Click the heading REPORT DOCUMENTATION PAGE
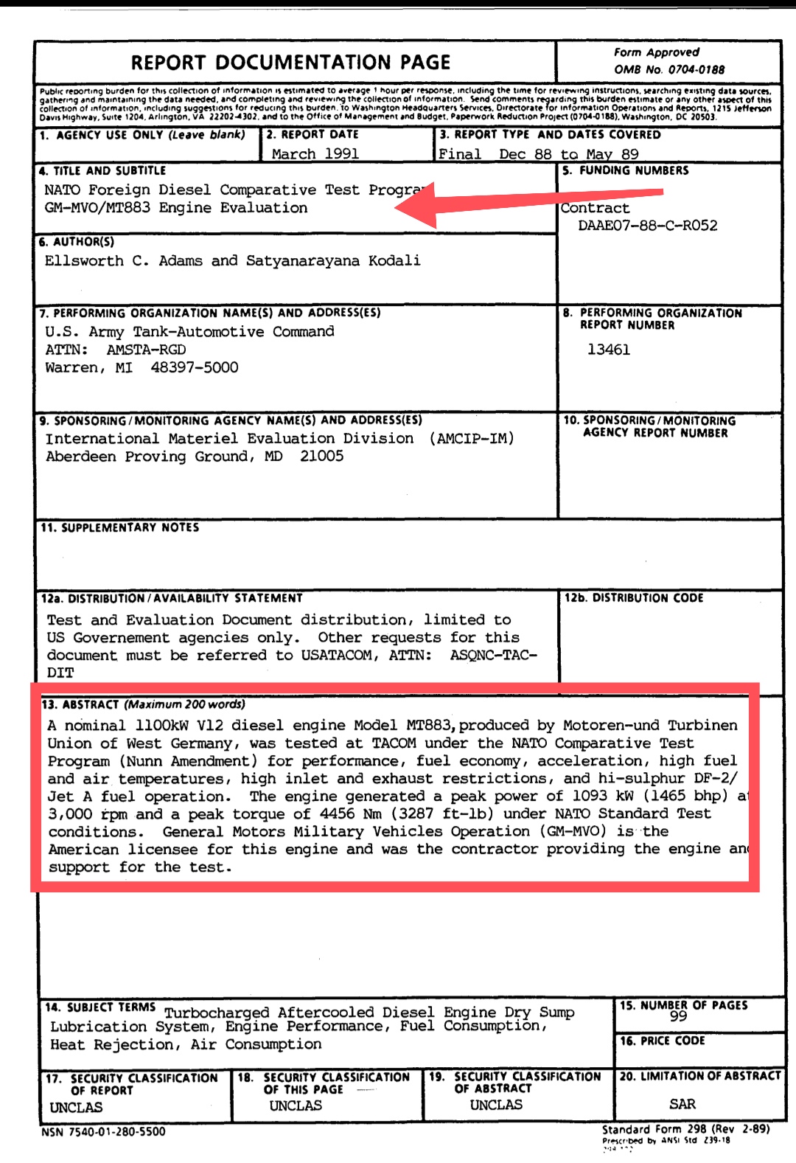pos(290,63)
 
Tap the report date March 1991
pos(315,153)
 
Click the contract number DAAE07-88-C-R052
pos(647,226)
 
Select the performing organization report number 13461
pos(608,350)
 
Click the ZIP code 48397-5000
pos(195,367)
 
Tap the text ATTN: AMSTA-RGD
pos(116,350)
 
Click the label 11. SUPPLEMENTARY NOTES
pos(119,527)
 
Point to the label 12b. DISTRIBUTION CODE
pos(634,598)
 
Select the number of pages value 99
pos(678,1016)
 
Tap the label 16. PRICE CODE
pos(662,1041)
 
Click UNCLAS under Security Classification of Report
pos(76,1107)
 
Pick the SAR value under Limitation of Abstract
pos(682,1104)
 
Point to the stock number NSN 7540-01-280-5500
pos(103,1132)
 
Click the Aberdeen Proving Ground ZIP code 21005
pos(321,456)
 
